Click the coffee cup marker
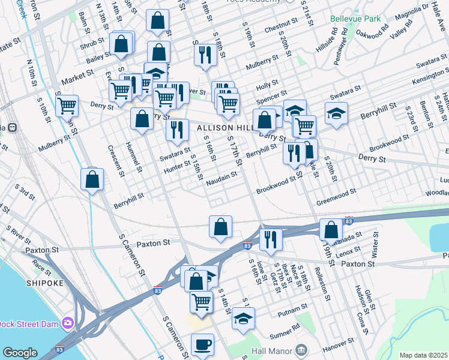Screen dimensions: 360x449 [x=202, y=344]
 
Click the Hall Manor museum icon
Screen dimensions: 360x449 [x=301, y=350]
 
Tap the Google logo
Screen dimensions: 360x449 [x=20, y=353]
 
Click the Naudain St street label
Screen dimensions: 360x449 [x=221, y=179]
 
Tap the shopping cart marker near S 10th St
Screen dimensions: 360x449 [x=67, y=106]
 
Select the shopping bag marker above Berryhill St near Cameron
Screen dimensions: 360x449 [x=92, y=179]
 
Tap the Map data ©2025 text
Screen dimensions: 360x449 [x=423, y=355]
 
